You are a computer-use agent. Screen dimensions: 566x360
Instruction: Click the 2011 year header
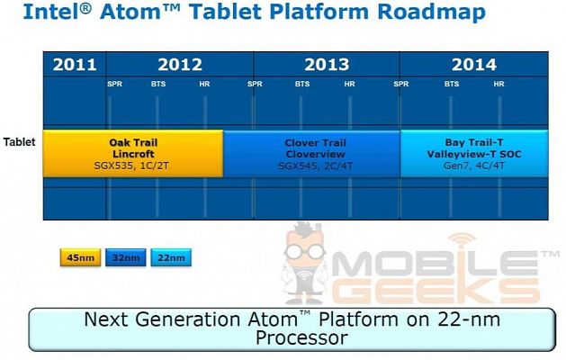tap(75, 65)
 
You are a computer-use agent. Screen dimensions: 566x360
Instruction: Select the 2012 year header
tap(180, 65)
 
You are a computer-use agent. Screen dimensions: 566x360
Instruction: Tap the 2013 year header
tap(327, 65)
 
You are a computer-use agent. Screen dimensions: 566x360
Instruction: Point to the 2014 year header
tap(474, 65)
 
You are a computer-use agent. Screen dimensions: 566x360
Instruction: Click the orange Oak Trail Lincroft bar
tap(133, 154)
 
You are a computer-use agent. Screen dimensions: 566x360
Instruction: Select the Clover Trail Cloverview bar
tap(312, 154)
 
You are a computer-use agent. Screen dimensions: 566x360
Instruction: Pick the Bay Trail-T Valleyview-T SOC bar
tap(474, 154)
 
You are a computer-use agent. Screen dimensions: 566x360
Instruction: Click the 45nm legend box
tap(80, 257)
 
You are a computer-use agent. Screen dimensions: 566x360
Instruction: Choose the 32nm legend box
tap(126, 257)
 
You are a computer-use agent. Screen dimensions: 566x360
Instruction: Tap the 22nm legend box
tap(171, 257)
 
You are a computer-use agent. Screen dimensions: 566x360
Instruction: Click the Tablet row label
tap(20, 142)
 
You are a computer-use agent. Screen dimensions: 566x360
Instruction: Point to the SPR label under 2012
tap(115, 84)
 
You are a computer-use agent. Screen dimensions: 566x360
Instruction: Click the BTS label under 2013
tap(302, 84)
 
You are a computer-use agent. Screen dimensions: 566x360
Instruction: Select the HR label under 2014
tap(499, 84)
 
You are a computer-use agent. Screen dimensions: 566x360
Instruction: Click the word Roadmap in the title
tap(431, 12)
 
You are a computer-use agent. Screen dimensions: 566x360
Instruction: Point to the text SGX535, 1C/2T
tap(131, 166)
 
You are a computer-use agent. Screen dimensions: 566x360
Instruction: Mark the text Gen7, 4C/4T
tap(474, 166)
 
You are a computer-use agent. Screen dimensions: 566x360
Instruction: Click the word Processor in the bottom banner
tap(301, 338)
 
